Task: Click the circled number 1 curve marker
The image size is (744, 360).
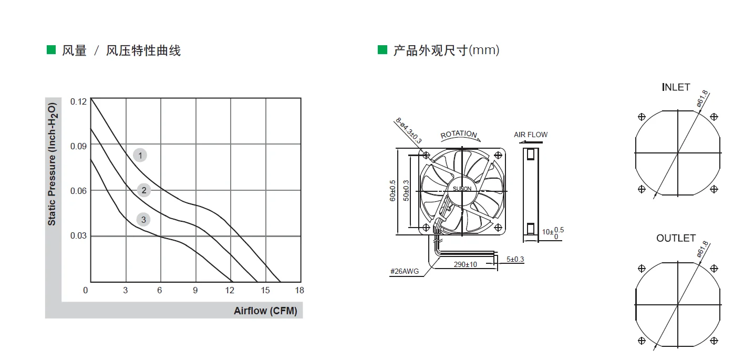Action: pyautogui.click(x=140, y=155)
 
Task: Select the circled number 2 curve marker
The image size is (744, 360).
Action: pyautogui.click(x=144, y=190)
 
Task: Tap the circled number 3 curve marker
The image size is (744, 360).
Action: pyautogui.click(x=143, y=220)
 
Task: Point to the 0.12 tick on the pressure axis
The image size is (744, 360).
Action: pyautogui.click(x=78, y=101)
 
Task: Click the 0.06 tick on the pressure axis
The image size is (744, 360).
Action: pyautogui.click(x=78, y=191)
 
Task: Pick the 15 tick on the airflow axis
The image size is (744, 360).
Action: pyautogui.click(x=265, y=290)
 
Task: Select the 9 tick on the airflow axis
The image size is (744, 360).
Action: pyautogui.click(x=195, y=290)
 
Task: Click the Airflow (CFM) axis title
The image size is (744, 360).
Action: pyautogui.click(x=265, y=311)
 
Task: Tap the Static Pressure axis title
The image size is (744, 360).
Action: pyautogui.click(x=52, y=164)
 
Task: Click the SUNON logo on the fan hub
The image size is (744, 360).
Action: pyautogui.click(x=462, y=189)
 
